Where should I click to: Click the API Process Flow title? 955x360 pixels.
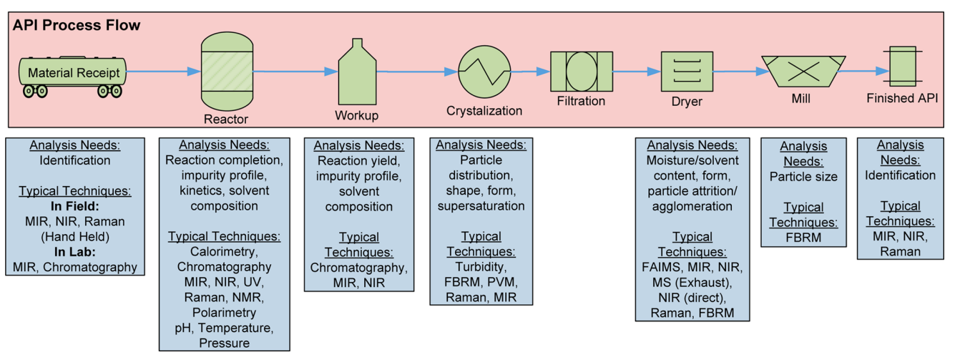(77, 26)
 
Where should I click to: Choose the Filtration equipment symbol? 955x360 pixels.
(581, 71)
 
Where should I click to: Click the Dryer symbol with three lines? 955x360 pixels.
(687, 72)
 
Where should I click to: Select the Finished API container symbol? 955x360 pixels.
(901, 70)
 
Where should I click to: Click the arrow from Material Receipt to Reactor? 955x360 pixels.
(162, 71)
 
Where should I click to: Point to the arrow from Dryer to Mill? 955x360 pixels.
(737, 72)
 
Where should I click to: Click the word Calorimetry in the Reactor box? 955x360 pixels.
(224, 251)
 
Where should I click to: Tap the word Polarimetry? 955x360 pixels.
(224, 313)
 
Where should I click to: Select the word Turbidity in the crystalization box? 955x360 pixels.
(481, 267)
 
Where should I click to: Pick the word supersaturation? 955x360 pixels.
(481, 205)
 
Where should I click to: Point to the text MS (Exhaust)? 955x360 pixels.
(692, 283)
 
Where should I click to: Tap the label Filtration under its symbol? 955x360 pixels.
(581, 101)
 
